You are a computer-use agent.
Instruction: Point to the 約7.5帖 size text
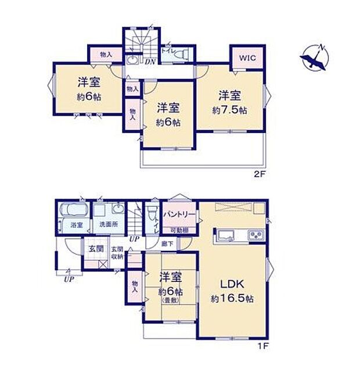[230, 109]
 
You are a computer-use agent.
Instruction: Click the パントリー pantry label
[178, 215]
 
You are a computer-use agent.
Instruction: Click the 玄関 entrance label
[96, 250]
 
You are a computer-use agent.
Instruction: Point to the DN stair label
[150, 62]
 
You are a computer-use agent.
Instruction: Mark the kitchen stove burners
[255, 235]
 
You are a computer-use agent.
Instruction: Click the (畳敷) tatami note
[171, 300]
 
